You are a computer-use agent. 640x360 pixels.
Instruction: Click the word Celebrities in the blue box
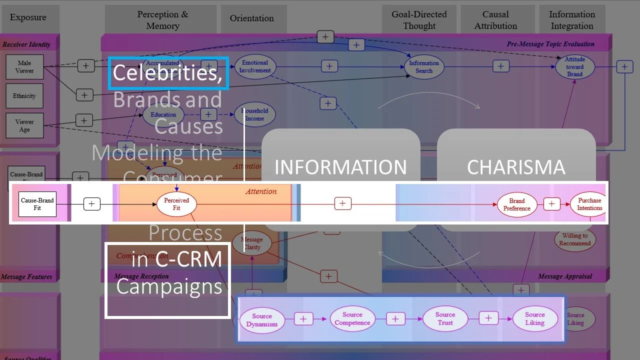pos(167,73)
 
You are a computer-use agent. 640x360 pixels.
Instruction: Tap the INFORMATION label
pos(340,167)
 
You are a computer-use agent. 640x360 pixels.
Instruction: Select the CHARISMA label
pos(516,167)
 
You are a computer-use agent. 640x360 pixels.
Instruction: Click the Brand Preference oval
pos(516,204)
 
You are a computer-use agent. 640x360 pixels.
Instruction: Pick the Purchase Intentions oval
pos(589,204)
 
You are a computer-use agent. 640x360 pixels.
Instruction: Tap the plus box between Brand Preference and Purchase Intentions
pos(551,204)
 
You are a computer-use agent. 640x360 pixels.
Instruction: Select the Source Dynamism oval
pos(261,320)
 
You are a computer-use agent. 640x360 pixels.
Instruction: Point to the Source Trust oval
pos(444,318)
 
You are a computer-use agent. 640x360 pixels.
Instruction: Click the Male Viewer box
pos(24,67)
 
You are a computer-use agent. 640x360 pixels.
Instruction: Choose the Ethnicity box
pos(24,96)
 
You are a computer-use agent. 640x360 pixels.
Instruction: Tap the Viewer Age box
pos(24,125)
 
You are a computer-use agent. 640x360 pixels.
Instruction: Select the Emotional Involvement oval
pos(255,66)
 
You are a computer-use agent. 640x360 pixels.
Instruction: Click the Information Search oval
pos(423,67)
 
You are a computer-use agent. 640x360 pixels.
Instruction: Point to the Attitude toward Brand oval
pos(574,67)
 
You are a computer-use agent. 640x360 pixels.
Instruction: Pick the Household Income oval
pos(254,115)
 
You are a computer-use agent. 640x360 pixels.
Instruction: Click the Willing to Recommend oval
pos(574,239)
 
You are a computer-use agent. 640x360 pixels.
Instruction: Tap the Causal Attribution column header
pos(495,20)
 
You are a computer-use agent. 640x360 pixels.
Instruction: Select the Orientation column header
pos(251,18)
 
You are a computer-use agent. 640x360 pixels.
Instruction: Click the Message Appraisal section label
pos(564,276)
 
